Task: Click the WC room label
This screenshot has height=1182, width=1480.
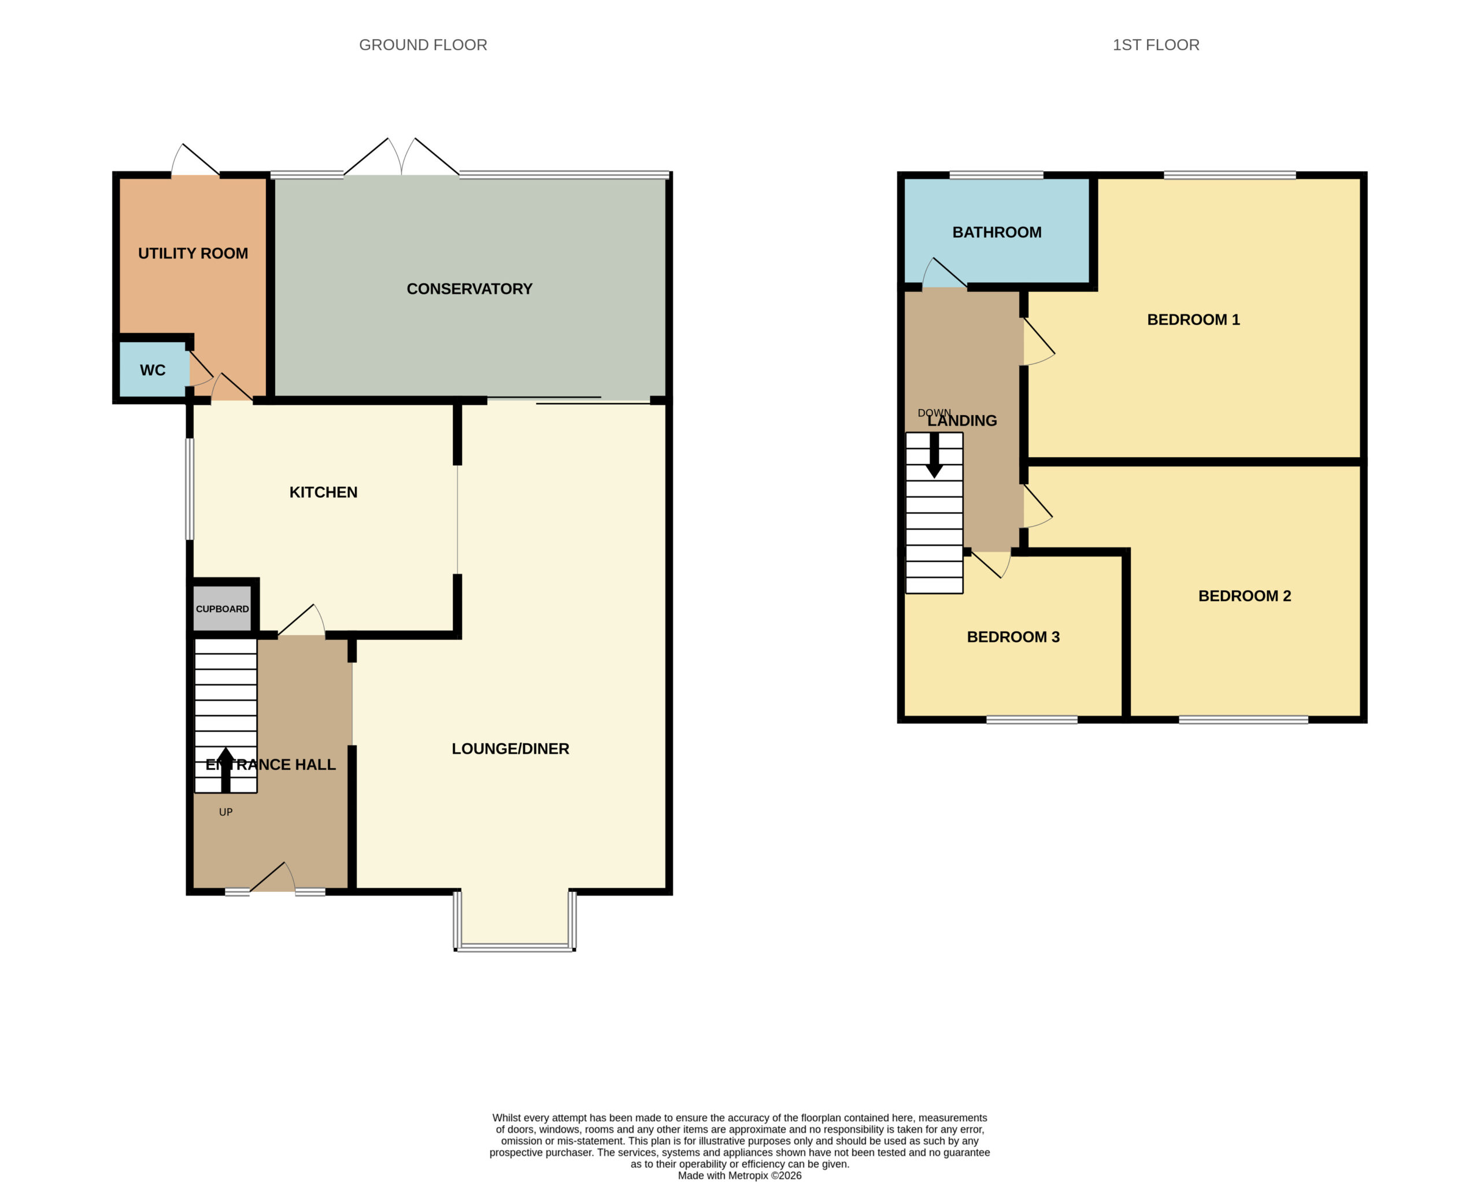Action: point(153,370)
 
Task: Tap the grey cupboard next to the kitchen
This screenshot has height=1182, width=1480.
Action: point(223,608)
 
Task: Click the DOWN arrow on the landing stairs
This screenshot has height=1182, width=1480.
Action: point(934,454)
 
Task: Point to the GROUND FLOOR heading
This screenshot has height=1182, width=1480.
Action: point(423,45)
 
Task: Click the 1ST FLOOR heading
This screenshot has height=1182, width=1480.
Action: point(1156,45)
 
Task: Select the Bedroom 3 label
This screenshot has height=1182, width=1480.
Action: point(1013,637)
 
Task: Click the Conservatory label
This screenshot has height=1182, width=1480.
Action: point(469,289)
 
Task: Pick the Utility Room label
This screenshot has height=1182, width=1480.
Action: point(193,253)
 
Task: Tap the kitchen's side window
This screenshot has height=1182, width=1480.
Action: point(190,489)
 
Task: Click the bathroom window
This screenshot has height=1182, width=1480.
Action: point(996,175)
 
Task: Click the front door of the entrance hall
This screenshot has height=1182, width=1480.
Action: point(272,877)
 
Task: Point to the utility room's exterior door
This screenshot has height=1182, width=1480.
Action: point(195,160)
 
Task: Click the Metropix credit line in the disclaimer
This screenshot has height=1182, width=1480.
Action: point(739,1175)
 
